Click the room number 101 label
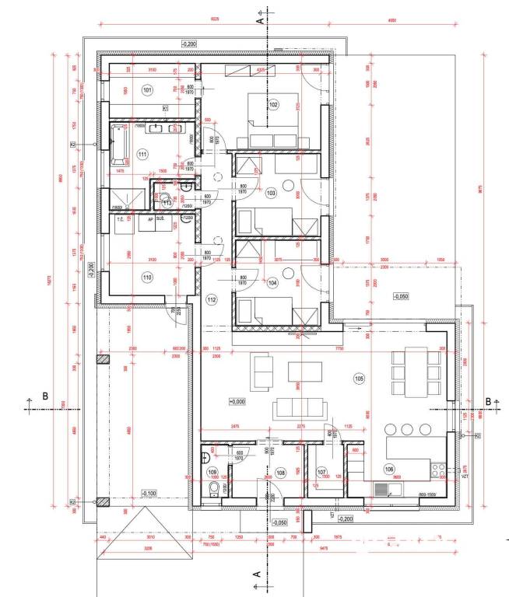point(148,90)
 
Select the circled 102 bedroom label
point(273,104)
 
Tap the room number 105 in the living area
point(358,379)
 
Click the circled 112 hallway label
point(211,299)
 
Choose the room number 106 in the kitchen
point(390,468)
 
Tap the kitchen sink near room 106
point(383,489)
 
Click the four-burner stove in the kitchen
point(438,470)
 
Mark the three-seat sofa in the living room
point(299,407)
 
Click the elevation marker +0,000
point(238,401)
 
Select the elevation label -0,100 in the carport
point(149,494)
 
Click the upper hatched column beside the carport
point(101,360)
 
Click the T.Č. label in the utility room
point(121,220)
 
